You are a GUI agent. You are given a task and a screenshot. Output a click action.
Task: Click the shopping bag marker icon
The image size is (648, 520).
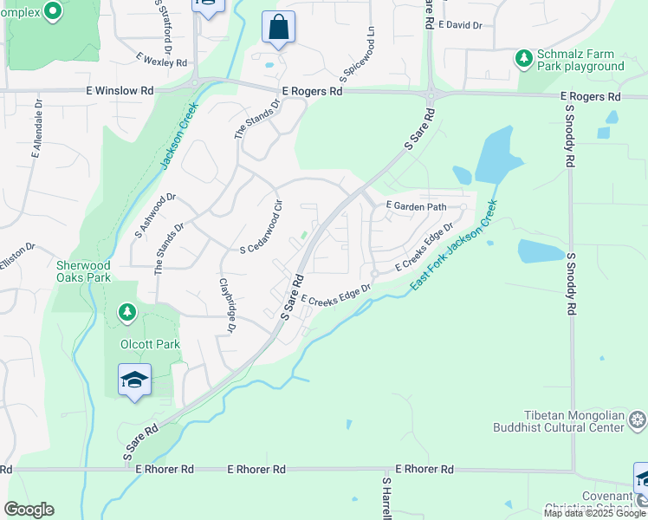pos(278,27)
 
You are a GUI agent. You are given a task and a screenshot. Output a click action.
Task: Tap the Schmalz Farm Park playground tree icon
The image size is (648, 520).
pos(523,58)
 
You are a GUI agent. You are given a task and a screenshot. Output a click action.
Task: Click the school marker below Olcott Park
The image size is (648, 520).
pos(134,380)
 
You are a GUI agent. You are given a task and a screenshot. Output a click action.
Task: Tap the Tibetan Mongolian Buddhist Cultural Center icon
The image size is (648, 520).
pos(638,421)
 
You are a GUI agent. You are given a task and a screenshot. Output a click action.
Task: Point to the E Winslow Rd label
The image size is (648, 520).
pos(120,90)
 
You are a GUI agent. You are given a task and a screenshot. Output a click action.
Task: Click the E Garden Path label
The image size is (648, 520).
pos(416,206)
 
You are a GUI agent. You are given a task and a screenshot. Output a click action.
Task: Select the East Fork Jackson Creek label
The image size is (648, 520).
pos(454,245)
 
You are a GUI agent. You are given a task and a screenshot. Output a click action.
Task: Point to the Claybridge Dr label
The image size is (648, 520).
pos(227,304)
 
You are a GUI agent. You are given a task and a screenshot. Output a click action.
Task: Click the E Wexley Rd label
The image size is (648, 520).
pos(161,60)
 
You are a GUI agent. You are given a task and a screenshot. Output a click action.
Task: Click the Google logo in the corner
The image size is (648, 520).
pos(29,510)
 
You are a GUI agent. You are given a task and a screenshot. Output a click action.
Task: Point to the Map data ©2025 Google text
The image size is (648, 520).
pos(594,513)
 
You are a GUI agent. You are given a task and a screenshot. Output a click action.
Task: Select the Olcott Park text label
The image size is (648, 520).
pos(151,344)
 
